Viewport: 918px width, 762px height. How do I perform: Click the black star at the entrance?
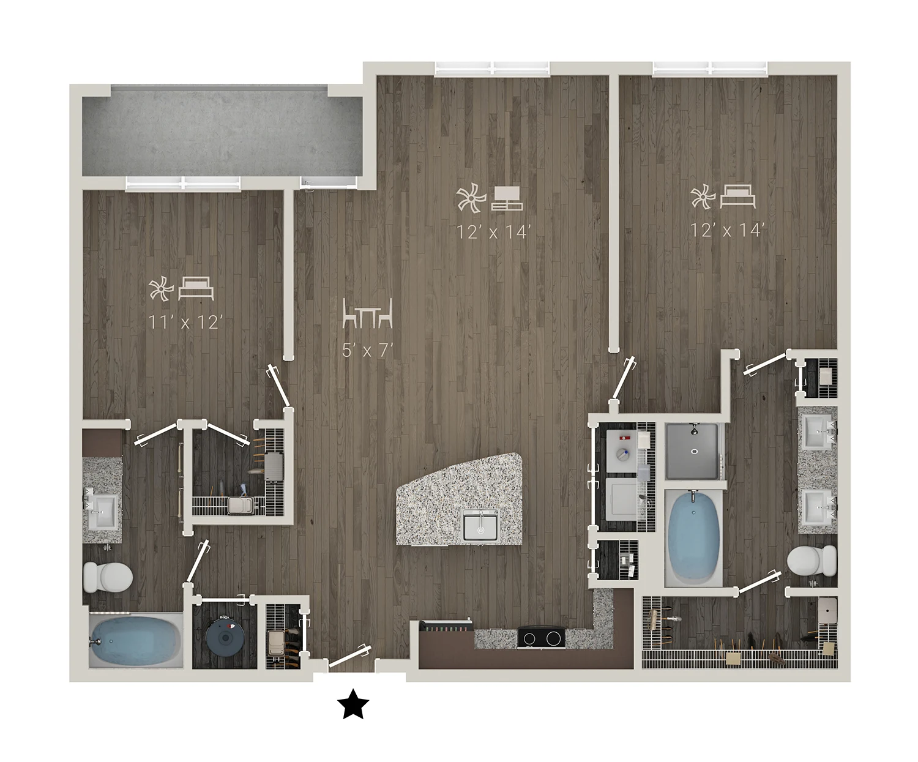pos(353,704)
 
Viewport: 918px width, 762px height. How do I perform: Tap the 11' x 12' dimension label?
pos(183,323)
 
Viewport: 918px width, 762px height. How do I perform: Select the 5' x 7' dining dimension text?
pos(367,351)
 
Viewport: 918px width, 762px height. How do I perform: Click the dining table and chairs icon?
pos(368,313)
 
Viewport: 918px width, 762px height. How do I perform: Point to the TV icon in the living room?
pos(507,198)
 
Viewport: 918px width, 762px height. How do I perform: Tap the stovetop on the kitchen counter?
pos(541,637)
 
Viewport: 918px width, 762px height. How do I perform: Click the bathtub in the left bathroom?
pos(136,641)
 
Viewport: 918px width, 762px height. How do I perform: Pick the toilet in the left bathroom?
pos(108,576)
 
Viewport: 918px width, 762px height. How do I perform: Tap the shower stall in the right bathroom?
pos(692,450)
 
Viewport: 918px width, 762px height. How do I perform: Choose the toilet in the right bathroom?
pos(812,561)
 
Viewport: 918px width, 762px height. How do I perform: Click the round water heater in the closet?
pos(225,637)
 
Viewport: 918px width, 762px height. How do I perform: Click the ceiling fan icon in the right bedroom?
pos(703,196)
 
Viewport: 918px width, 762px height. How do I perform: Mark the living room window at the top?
pos(493,68)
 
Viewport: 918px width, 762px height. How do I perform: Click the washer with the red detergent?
pos(621,450)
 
